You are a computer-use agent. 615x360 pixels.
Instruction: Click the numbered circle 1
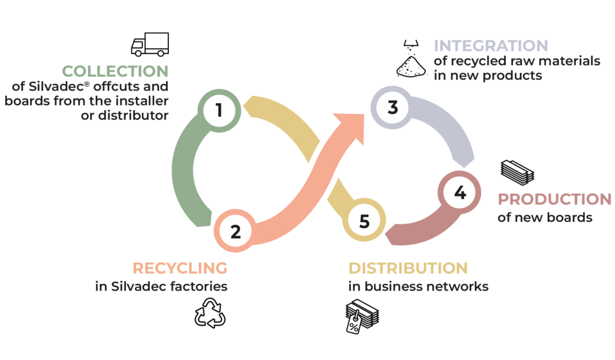(219, 110)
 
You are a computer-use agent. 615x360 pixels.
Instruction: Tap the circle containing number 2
(235, 231)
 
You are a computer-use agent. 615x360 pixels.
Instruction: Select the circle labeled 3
(392, 107)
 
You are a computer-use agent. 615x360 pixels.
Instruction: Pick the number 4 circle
(460, 192)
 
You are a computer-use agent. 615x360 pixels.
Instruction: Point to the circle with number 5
(364, 220)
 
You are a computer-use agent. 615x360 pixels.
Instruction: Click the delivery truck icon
(150, 44)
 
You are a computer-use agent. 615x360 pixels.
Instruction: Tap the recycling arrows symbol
(210, 313)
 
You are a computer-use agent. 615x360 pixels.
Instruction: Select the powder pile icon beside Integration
(411, 59)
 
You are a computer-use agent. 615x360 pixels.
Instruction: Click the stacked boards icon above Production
(517, 172)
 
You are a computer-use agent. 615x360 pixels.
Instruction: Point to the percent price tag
(353, 323)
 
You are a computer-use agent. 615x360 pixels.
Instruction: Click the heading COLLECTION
(115, 71)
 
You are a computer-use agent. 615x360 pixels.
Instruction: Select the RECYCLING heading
(180, 268)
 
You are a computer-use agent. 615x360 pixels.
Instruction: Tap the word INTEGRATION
(491, 46)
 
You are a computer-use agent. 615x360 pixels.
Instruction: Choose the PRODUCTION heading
(555, 199)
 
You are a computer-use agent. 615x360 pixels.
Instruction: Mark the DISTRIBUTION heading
(408, 268)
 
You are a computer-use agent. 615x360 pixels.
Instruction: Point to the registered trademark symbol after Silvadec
(87, 84)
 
